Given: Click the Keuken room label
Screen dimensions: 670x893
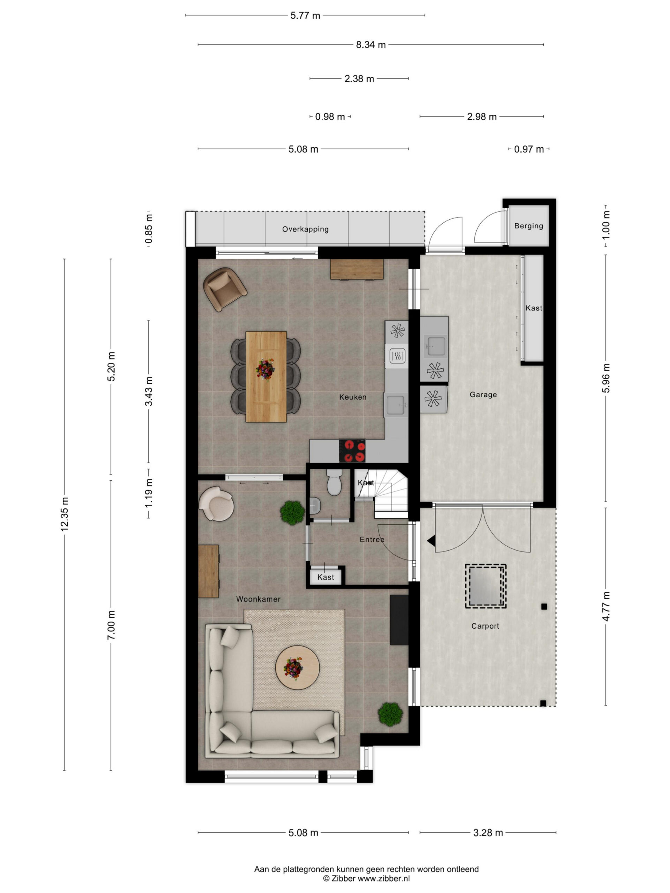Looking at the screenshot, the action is pyautogui.click(x=352, y=397).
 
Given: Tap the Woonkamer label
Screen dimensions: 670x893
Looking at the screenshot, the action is pyautogui.click(x=258, y=599).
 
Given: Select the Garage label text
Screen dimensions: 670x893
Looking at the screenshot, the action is pyautogui.click(x=483, y=395).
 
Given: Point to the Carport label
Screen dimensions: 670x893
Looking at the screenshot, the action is pyautogui.click(x=485, y=626).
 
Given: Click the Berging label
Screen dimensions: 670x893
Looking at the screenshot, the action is pyautogui.click(x=529, y=226).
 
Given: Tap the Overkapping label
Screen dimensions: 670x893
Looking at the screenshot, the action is pyautogui.click(x=305, y=229).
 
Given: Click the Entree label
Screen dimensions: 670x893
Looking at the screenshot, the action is pyautogui.click(x=372, y=539).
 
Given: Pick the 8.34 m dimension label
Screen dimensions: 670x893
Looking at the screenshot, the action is pyautogui.click(x=371, y=44).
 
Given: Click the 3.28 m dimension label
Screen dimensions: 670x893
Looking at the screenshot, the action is pyautogui.click(x=488, y=832).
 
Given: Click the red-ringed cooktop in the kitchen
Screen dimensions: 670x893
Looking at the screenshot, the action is pyautogui.click(x=352, y=451).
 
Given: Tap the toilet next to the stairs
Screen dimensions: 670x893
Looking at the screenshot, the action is pyautogui.click(x=334, y=482).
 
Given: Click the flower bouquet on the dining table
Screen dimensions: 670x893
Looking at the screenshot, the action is pyautogui.click(x=265, y=369).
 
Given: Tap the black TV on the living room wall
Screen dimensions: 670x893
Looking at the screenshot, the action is pyautogui.click(x=399, y=620).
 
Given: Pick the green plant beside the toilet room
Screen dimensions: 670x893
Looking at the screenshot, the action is pyautogui.click(x=292, y=513).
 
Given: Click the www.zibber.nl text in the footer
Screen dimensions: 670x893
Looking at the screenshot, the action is pyautogui.click(x=384, y=878).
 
